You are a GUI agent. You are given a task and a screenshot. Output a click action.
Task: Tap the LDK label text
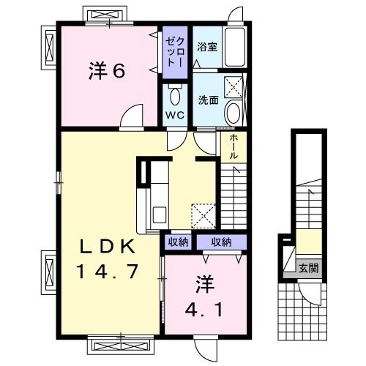click(106, 246)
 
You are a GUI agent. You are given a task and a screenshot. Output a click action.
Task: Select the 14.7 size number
click(106, 272)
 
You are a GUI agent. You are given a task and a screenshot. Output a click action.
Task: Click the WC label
click(174, 116)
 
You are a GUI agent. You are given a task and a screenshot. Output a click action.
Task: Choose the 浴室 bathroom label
click(206, 47)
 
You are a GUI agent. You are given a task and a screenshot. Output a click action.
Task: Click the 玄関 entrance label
click(307, 269)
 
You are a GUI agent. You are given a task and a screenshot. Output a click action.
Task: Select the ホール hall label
click(234, 146)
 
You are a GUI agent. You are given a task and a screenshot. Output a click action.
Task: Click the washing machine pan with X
click(234, 87)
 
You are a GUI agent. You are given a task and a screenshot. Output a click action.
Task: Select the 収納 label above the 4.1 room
click(222, 242)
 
